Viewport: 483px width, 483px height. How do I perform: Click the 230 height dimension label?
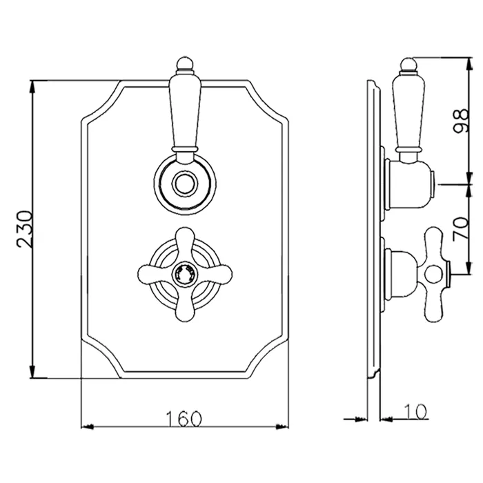[x=24, y=229]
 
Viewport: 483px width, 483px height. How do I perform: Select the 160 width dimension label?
[x=184, y=419]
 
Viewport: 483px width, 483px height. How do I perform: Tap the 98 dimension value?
[x=461, y=121]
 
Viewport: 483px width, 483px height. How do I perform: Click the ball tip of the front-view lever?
[x=185, y=64]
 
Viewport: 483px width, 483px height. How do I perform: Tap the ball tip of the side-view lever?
[x=409, y=65]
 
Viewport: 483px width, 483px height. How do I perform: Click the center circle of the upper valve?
[x=185, y=184]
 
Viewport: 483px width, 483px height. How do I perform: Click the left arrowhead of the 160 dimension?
[x=88, y=426]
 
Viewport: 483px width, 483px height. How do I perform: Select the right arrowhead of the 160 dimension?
[x=282, y=426]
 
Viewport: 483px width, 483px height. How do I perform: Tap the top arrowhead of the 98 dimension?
[x=469, y=63]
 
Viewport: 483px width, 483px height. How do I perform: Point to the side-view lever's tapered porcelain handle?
[x=408, y=112]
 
